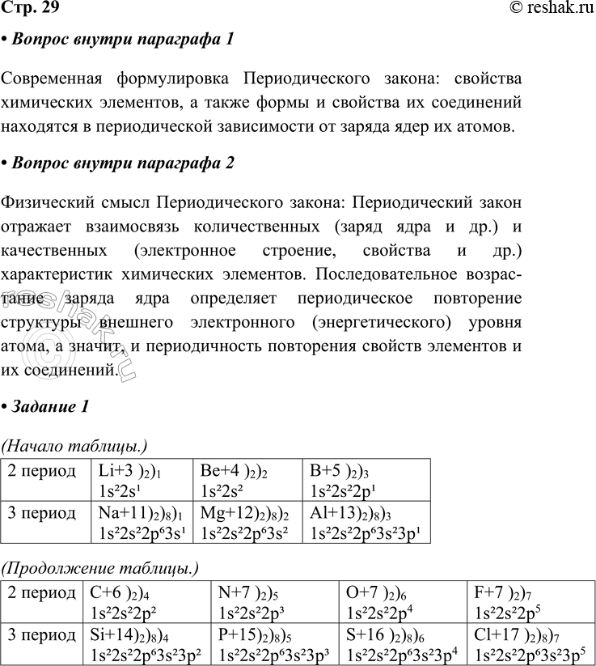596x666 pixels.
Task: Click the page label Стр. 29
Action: click(29, 9)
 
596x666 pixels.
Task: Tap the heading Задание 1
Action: click(49, 406)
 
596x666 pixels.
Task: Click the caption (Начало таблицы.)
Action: click(75, 443)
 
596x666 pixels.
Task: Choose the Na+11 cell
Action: click(142, 523)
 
